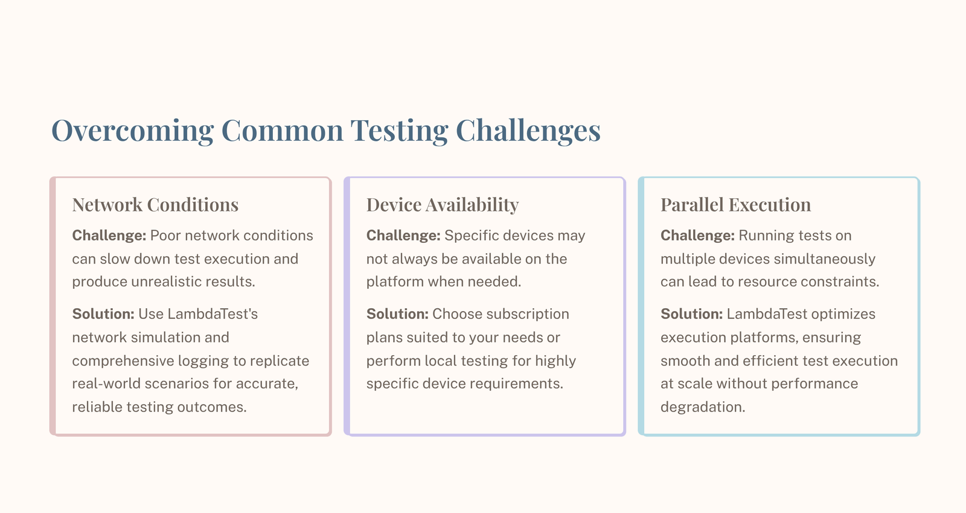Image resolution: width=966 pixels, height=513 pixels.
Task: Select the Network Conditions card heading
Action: (x=155, y=205)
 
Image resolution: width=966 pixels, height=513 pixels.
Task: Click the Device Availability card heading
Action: (x=442, y=205)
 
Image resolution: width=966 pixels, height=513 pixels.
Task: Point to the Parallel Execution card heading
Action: (x=735, y=205)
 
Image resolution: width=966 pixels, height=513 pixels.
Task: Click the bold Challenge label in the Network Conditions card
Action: (x=109, y=236)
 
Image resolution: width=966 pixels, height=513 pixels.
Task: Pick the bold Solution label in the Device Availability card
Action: (x=397, y=314)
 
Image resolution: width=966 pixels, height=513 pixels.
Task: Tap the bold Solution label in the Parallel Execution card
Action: (x=691, y=314)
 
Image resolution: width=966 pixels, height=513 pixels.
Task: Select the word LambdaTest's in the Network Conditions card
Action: (x=213, y=314)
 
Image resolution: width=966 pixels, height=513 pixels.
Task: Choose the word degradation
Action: (x=702, y=407)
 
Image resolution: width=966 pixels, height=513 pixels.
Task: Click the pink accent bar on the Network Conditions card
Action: (x=53, y=306)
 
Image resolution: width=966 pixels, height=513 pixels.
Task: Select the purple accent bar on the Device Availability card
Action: (x=347, y=306)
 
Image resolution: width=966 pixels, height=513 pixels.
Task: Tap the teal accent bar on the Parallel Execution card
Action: (x=641, y=306)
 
